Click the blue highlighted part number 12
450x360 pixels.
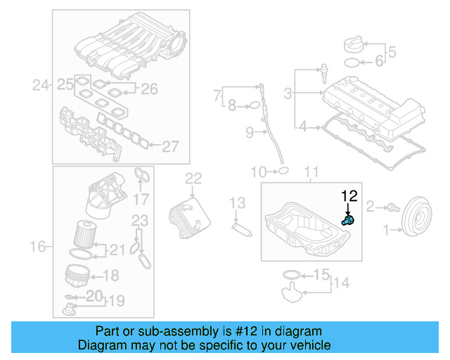click(x=347, y=221)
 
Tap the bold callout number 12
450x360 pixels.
click(x=349, y=196)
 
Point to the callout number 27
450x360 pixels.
click(x=170, y=146)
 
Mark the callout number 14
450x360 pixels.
click(x=341, y=283)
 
